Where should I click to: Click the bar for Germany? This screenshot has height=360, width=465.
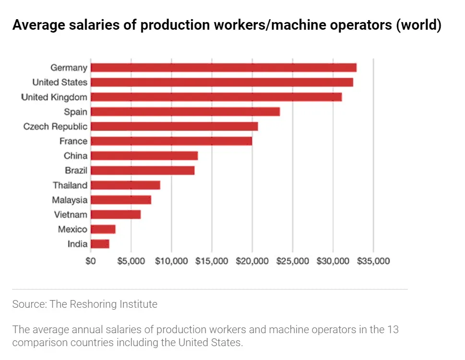coord(223,68)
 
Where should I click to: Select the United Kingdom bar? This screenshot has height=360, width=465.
coord(216,97)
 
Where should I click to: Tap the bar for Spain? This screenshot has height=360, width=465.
coord(185,112)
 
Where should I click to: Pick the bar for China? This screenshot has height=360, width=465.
coord(144,156)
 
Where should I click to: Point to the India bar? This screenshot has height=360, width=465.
coord(100,244)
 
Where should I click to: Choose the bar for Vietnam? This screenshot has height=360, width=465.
coord(115,214)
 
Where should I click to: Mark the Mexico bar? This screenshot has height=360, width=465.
coord(103,229)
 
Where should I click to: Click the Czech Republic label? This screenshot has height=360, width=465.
coord(56,127)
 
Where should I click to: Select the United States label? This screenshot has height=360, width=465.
coord(60,82)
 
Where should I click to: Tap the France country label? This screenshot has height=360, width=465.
coord(73,141)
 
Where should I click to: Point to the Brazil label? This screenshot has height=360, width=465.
coord(76,171)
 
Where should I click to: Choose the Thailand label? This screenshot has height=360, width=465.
coord(70,186)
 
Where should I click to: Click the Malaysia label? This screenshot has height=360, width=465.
coord(70,200)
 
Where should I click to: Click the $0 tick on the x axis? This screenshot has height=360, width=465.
coord(90,261)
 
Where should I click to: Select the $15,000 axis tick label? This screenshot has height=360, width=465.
coord(212,261)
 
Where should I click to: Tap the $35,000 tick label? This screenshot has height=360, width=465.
coord(373,261)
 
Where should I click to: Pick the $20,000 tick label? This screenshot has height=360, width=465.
coord(252,261)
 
